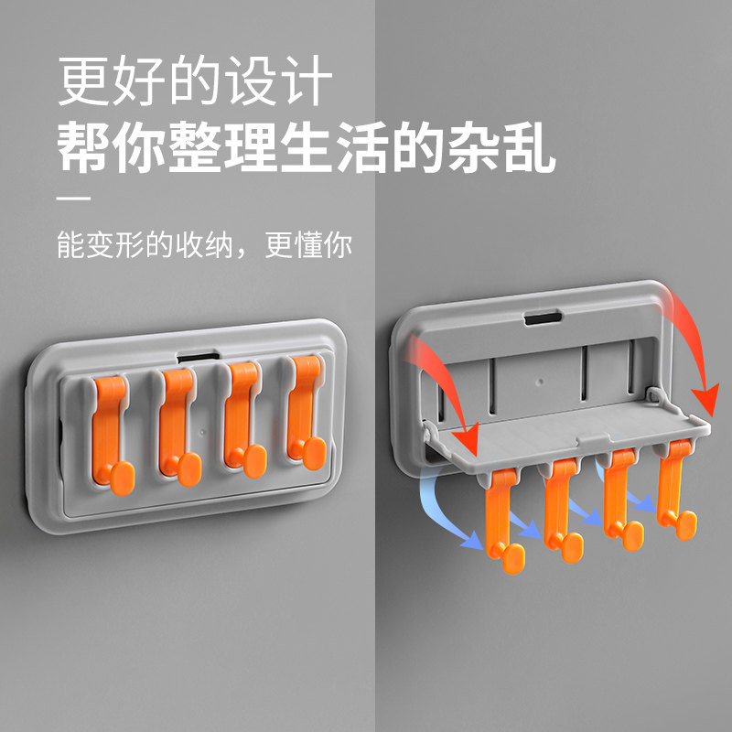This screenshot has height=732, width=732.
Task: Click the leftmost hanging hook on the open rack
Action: [x=501, y=518]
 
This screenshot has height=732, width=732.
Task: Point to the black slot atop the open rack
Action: [x=543, y=318]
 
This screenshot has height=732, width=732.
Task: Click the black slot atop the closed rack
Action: [x=198, y=358]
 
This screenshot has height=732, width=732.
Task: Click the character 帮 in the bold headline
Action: [x=84, y=146]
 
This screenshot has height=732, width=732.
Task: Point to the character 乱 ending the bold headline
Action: [x=530, y=146]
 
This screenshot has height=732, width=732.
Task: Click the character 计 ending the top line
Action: [x=308, y=81]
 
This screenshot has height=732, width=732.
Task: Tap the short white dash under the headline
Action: [x=73, y=199]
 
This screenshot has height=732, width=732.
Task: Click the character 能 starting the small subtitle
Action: [x=71, y=244]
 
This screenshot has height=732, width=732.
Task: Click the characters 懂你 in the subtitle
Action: [x=323, y=244]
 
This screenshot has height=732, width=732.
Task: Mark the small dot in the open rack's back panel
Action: [x=541, y=382]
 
